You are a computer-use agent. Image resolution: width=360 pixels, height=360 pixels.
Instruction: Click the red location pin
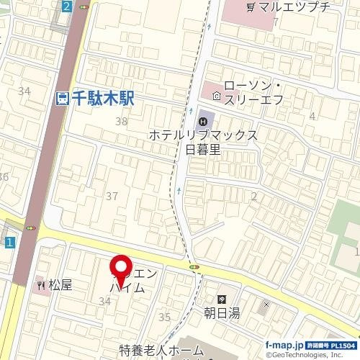[120, 269]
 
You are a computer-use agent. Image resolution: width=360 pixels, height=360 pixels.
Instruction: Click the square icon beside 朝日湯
[222, 299]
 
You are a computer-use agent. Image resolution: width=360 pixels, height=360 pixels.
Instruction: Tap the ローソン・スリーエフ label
[253, 92]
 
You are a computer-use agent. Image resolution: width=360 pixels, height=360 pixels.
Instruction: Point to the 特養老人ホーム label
[161, 351]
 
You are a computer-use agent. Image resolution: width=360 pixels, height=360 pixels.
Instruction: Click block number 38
[121, 122]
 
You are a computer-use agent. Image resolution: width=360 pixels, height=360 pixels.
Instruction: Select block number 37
[112, 196]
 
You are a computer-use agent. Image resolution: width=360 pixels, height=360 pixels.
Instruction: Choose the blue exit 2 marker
[67, 6]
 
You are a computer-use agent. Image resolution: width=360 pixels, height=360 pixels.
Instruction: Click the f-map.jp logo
[284, 345]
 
